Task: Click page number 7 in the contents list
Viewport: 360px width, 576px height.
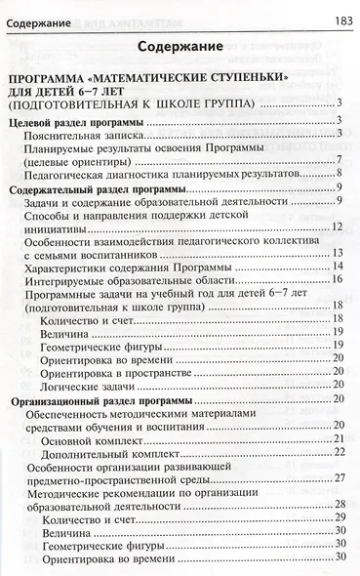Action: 337,160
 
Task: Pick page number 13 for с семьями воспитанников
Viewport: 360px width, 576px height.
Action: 335,253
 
